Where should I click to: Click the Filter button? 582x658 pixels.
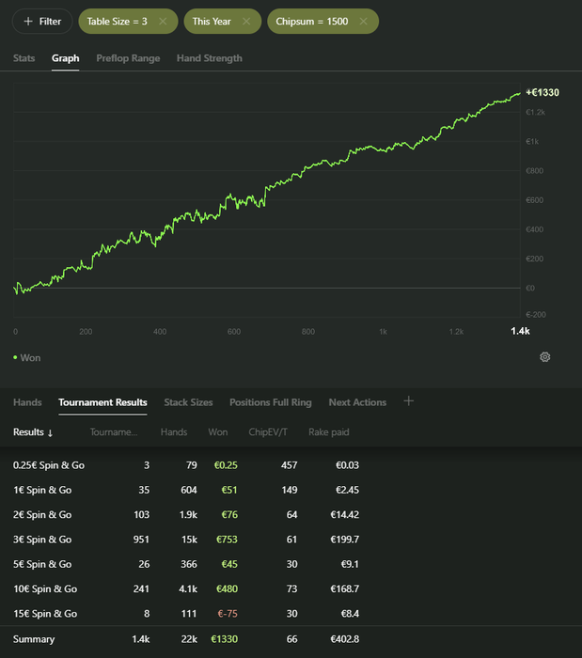click(x=42, y=21)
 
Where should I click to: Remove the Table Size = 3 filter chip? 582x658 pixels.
click(x=163, y=21)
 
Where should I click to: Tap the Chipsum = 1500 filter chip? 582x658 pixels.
click(x=314, y=21)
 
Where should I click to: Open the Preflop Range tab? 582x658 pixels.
click(x=128, y=58)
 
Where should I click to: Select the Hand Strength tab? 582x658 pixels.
click(x=210, y=58)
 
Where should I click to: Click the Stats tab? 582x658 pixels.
click(x=24, y=58)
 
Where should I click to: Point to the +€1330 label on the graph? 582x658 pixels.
click(x=543, y=92)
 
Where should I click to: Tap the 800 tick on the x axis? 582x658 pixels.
click(x=308, y=332)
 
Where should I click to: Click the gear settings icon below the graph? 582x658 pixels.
click(x=545, y=357)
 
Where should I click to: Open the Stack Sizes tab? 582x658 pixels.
click(x=188, y=402)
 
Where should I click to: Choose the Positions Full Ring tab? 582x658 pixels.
click(x=270, y=402)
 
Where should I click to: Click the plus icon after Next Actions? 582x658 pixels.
click(x=408, y=401)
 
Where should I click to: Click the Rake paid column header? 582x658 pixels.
click(x=329, y=432)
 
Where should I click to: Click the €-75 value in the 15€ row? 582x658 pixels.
click(x=227, y=614)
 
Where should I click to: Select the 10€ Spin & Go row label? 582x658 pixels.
click(x=45, y=589)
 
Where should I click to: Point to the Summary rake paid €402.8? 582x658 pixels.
click(x=342, y=639)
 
